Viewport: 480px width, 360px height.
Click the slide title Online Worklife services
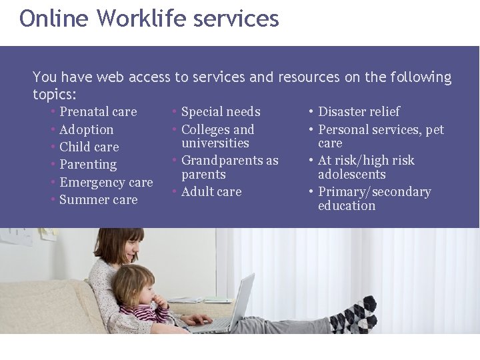coord(149,19)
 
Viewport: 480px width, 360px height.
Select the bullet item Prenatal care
coord(98,112)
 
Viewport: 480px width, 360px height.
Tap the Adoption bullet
coord(86,130)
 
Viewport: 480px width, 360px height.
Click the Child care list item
coord(89,147)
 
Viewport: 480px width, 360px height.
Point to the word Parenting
coord(88,165)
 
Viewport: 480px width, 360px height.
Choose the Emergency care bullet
coord(106,183)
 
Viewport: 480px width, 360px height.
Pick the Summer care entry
coord(98,200)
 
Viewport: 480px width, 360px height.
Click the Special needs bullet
coord(221,112)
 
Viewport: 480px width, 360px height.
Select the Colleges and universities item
coord(217,137)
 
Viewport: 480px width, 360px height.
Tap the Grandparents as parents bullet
coord(229,167)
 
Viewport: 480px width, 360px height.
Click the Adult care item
coord(211,192)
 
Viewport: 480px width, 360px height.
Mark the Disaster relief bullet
coord(359,112)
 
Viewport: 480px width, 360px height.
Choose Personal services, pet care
coord(380,137)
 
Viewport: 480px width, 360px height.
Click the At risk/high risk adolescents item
coord(366,167)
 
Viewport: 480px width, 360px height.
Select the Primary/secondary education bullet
coord(374,199)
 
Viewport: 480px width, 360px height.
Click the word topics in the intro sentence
coord(53,94)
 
